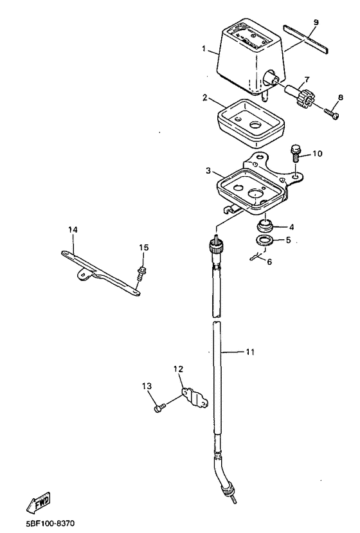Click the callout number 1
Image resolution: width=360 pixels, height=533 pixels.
204,50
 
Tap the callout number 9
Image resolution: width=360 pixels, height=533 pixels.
316,23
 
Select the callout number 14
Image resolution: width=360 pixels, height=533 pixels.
73,230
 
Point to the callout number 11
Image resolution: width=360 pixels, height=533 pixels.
250,352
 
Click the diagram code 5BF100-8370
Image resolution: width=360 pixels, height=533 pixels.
50,523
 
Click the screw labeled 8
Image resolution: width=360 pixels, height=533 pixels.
332,114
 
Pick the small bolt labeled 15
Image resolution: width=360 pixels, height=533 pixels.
139,274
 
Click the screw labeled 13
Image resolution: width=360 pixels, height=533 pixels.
159,408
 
